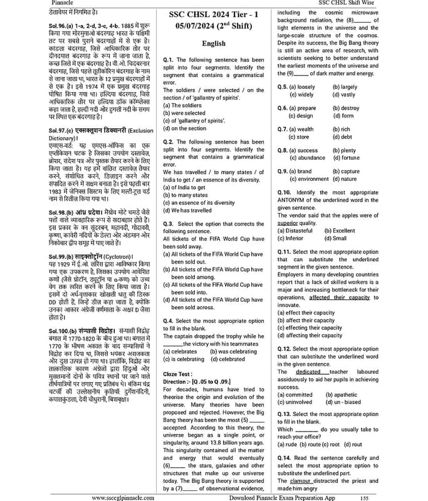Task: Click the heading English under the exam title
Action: (214, 43)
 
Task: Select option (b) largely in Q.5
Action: (345, 86)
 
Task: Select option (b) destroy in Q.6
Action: (345, 108)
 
